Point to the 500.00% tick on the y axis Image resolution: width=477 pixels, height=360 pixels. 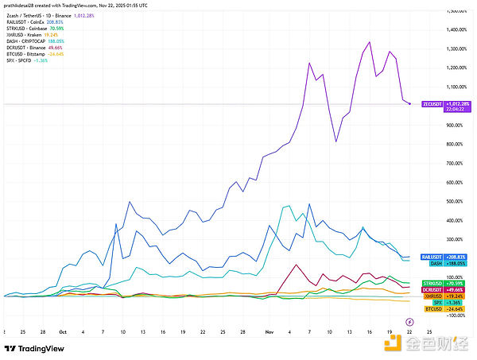click(x=456, y=201)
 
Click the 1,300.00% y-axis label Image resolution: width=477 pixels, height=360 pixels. click(x=457, y=49)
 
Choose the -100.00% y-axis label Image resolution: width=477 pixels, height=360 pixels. click(x=456, y=315)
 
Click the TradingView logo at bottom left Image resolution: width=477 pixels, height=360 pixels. click(x=33, y=349)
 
